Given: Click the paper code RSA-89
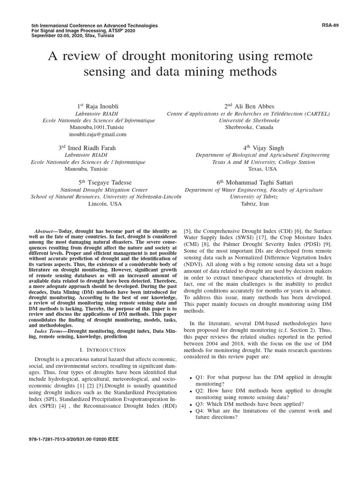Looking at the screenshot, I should tap(330, 25).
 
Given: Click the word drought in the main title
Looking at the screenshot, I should tap(146, 57).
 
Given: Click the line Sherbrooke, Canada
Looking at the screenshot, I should tap(249, 127).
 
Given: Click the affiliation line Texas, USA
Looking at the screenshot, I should tap(262, 169).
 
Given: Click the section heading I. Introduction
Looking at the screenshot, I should tap(103, 350).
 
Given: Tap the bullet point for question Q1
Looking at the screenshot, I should tap(190, 378).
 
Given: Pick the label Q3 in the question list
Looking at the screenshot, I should tap(200, 403).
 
